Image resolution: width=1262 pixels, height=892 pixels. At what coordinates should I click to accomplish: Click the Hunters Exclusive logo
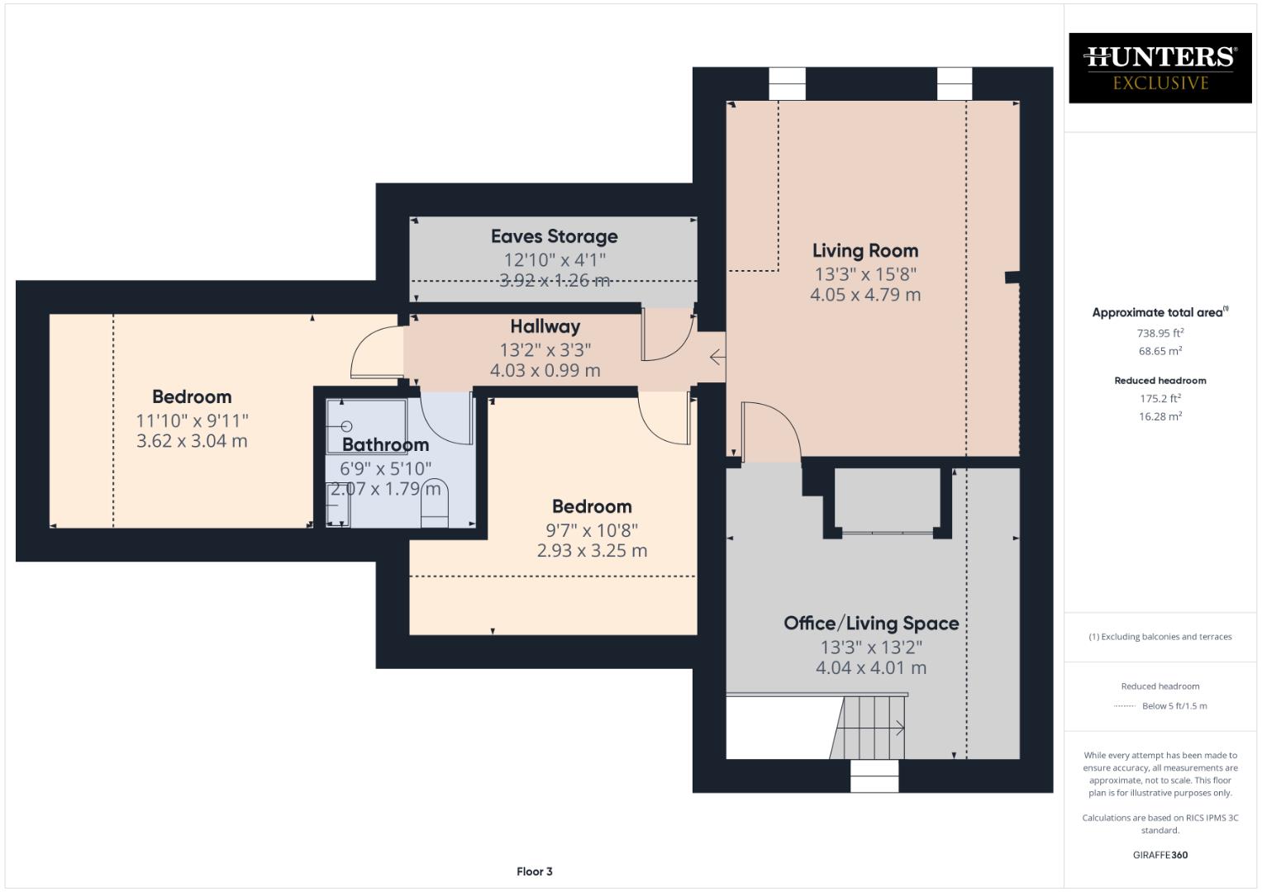(1160, 68)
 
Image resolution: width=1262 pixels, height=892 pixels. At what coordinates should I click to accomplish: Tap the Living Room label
(864, 250)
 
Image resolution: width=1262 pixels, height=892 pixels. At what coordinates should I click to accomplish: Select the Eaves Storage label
(554, 236)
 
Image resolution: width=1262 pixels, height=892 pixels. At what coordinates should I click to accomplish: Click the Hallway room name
(545, 326)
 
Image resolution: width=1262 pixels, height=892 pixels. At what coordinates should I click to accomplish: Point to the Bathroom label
(385, 445)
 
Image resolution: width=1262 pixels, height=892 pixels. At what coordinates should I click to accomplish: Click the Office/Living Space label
(871, 624)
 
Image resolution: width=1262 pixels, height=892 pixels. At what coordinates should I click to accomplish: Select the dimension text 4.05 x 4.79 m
(864, 295)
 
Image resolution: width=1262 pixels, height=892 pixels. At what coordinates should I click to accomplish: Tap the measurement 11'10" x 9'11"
(192, 420)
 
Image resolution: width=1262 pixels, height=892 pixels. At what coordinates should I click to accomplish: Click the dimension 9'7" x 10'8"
(591, 529)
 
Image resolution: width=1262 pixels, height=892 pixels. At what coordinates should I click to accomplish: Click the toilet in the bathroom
(434, 503)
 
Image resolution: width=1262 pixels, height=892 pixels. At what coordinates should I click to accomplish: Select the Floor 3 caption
(534, 871)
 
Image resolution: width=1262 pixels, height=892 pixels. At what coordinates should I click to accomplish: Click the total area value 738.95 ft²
(1160, 333)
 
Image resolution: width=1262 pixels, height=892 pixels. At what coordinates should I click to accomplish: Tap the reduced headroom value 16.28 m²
(1160, 416)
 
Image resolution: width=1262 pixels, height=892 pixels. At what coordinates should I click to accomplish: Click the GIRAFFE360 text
(1160, 855)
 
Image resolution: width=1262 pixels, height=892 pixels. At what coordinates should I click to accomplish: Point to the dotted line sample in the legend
(1124, 706)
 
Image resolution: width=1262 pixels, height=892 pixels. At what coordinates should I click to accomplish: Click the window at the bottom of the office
(874, 776)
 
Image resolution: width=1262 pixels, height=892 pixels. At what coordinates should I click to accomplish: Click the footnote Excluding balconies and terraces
(1160, 637)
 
